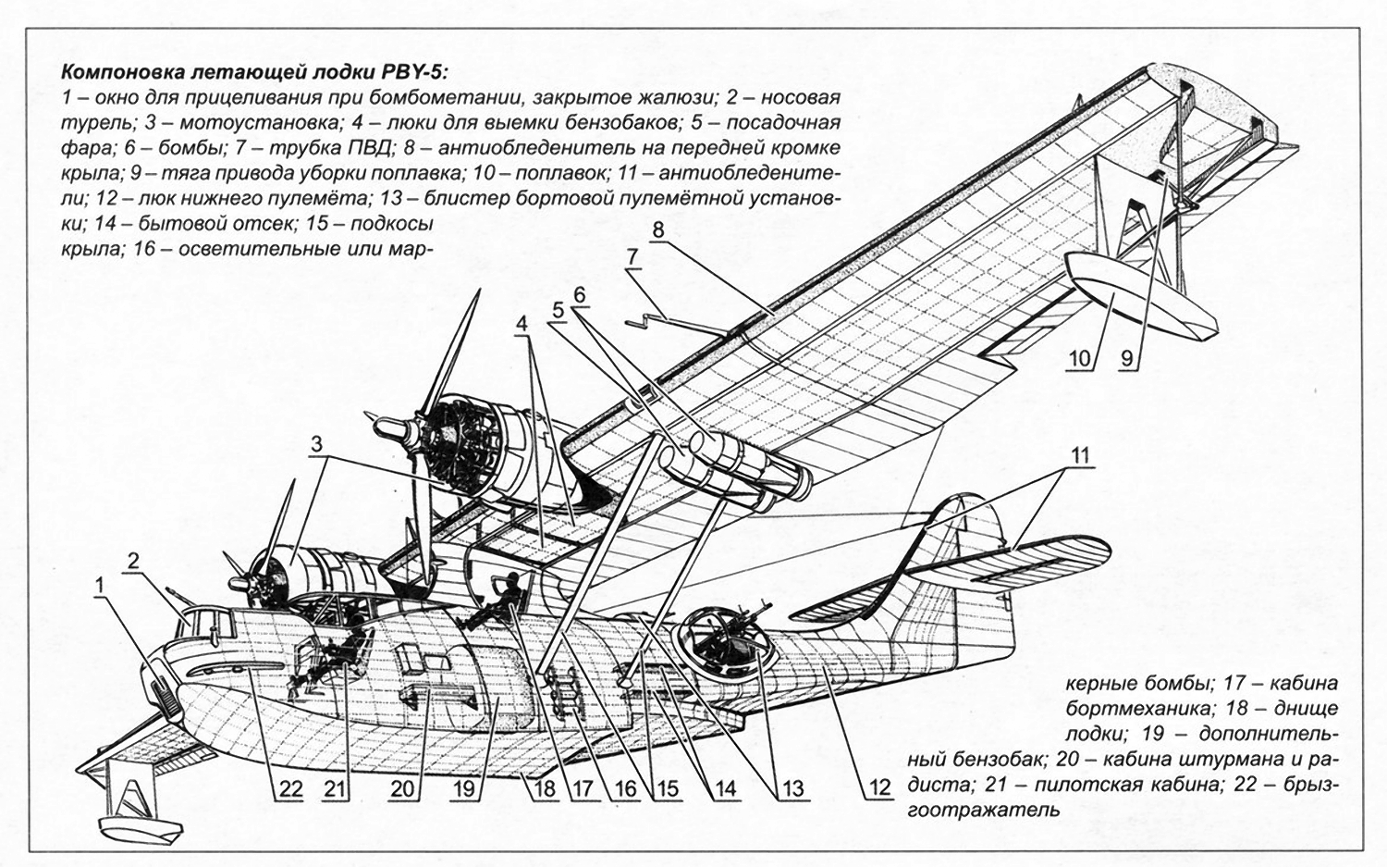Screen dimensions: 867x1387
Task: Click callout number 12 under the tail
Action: click(x=879, y=787)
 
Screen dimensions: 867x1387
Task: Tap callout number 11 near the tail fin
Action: click(x=1081, y=456)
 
